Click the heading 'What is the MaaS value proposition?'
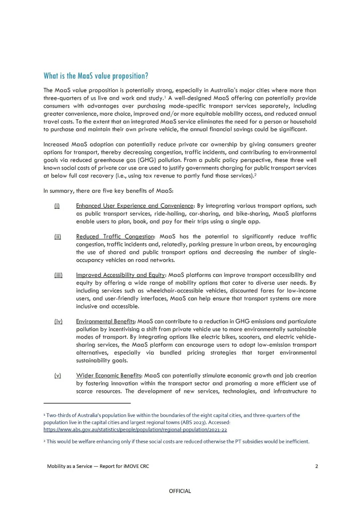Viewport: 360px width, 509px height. coord(96,76)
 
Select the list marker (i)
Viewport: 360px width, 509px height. coord(57,206)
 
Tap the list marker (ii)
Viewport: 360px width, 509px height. coord(58,236)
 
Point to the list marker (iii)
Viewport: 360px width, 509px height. coord(58,275)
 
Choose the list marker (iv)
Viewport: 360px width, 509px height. coord(58,321)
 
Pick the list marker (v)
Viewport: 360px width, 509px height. coord(58,375)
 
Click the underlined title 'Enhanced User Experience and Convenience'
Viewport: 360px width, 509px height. coord(135,206)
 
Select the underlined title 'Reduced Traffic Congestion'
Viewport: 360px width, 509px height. coord(115,236)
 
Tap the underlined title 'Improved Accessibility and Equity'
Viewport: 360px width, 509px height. coord(120,275)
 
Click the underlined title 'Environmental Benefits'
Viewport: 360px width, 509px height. coord(105,321)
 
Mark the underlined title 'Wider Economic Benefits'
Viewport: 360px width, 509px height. coord(109,375)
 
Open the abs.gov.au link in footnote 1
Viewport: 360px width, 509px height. coord(135,430)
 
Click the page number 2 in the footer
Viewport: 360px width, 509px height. coord(317,466)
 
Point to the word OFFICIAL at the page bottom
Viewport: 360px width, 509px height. coord(180,491)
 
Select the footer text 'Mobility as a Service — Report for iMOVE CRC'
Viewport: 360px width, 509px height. coord(98,466)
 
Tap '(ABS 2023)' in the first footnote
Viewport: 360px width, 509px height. coord(193,422)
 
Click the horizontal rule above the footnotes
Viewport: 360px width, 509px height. coord(87,403)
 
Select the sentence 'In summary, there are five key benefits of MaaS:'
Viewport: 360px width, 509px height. coord(108,191)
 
